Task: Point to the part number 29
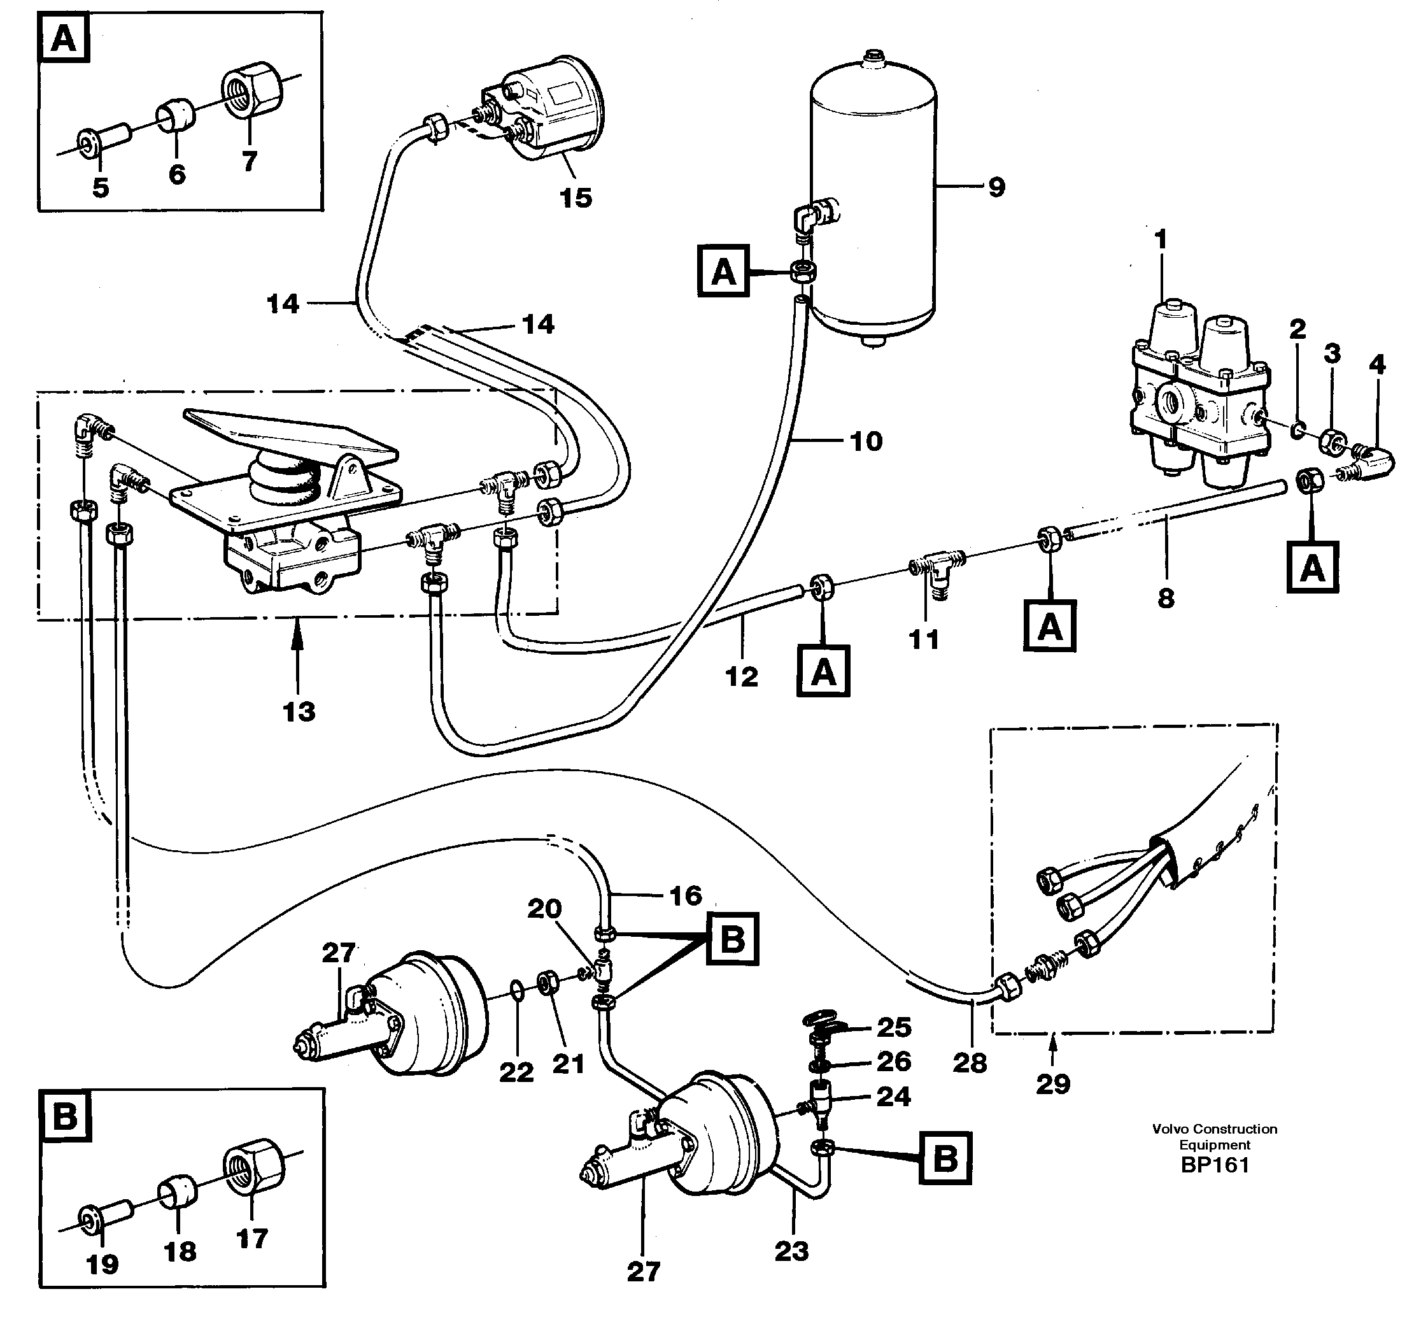point(1052,1084)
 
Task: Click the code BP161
point(1215,1165)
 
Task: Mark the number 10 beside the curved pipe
point(866,441)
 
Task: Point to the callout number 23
point(791,1252)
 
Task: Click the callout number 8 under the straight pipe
point(1166,598)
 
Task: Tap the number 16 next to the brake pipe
point(685,895)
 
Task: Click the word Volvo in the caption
point(1168,1129)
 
